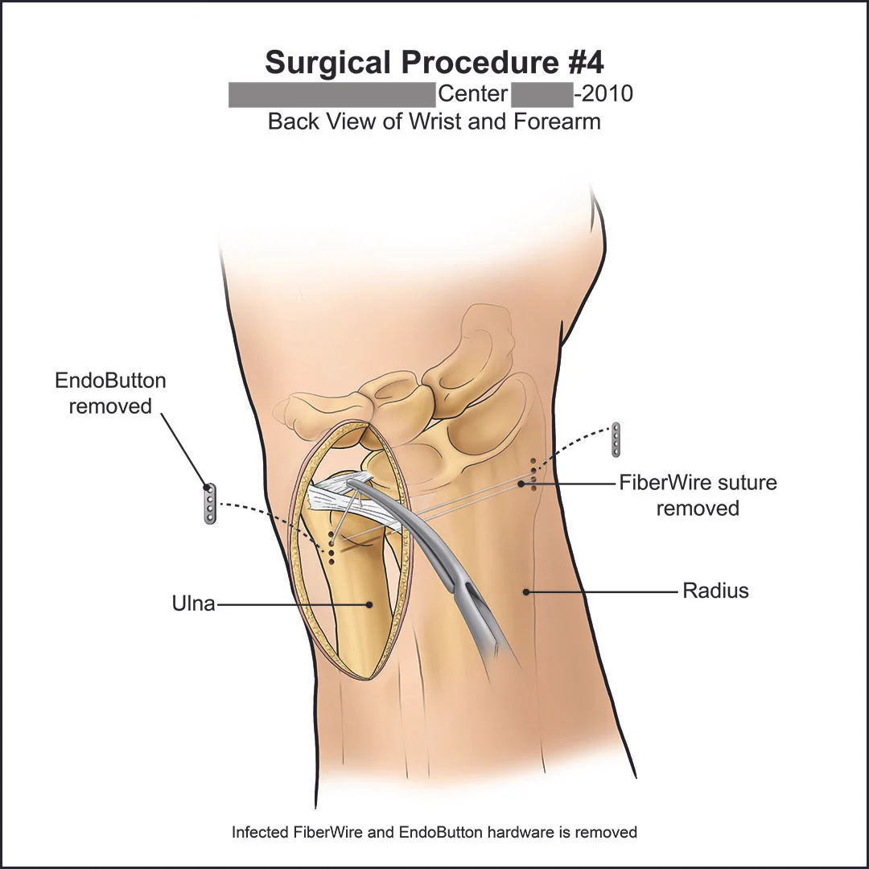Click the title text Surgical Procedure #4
(434, 62)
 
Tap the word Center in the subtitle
(472, 94)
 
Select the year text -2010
(603, 94)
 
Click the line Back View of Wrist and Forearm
(434, 122)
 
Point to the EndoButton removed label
(110, 393)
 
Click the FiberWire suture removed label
(698, 495)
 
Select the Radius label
(715, 591)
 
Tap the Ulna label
(194, 603)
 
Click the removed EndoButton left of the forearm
(210, 505)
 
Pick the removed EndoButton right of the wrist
(616, 439)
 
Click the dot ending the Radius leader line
(525, 591)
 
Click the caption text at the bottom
(434, 832)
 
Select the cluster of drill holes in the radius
(532, 475)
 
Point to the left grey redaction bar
(332, 95)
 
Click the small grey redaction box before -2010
(542, 95)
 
